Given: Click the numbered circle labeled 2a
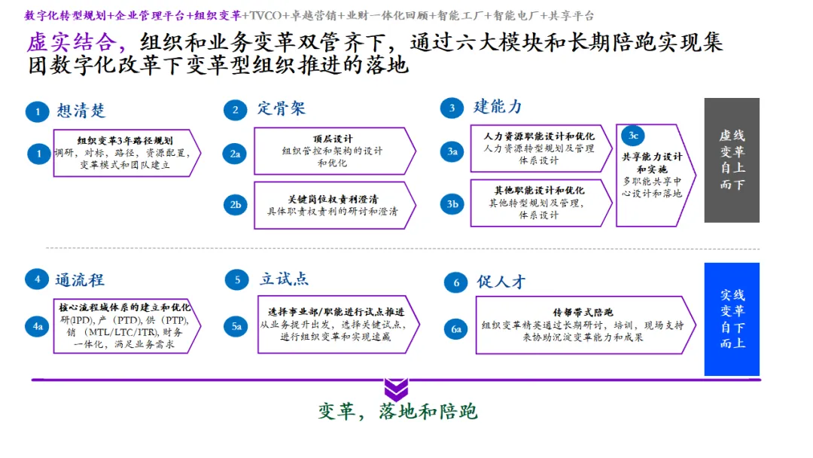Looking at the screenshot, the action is [236, 154].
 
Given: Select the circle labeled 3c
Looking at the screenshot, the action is [633, 136].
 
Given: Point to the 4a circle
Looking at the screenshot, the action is [37, 326].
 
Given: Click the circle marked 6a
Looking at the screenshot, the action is [456, 328].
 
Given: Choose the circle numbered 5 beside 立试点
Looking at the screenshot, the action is [237, 280].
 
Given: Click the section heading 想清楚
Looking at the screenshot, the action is [81, 111].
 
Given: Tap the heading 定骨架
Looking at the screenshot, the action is [281, 108].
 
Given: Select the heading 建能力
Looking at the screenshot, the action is [498, 106].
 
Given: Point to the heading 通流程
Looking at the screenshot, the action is [79, 280].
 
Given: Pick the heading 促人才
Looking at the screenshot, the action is [501, 282].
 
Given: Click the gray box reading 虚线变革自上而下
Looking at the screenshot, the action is [732, 160].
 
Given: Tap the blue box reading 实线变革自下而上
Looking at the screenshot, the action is [732, 319].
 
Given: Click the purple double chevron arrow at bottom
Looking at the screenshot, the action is [396, 389].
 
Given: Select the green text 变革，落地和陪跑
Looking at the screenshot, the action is [397, 411].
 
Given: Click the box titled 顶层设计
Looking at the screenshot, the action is [333, 151].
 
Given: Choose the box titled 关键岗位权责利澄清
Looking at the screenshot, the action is [333, 205].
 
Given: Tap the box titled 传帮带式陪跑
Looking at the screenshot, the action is [584, 325].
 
